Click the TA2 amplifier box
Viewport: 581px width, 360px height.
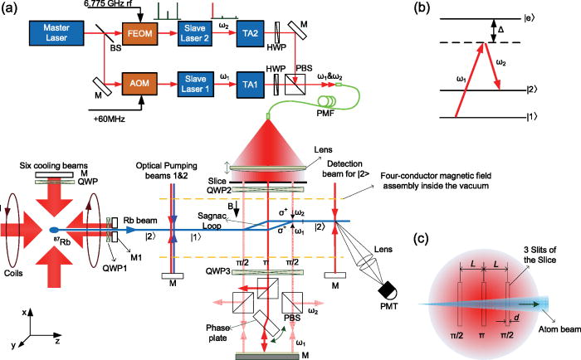[257, 36]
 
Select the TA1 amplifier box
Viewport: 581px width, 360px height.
[257, 90]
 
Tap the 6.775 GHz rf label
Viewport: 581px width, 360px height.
[115, 4]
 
